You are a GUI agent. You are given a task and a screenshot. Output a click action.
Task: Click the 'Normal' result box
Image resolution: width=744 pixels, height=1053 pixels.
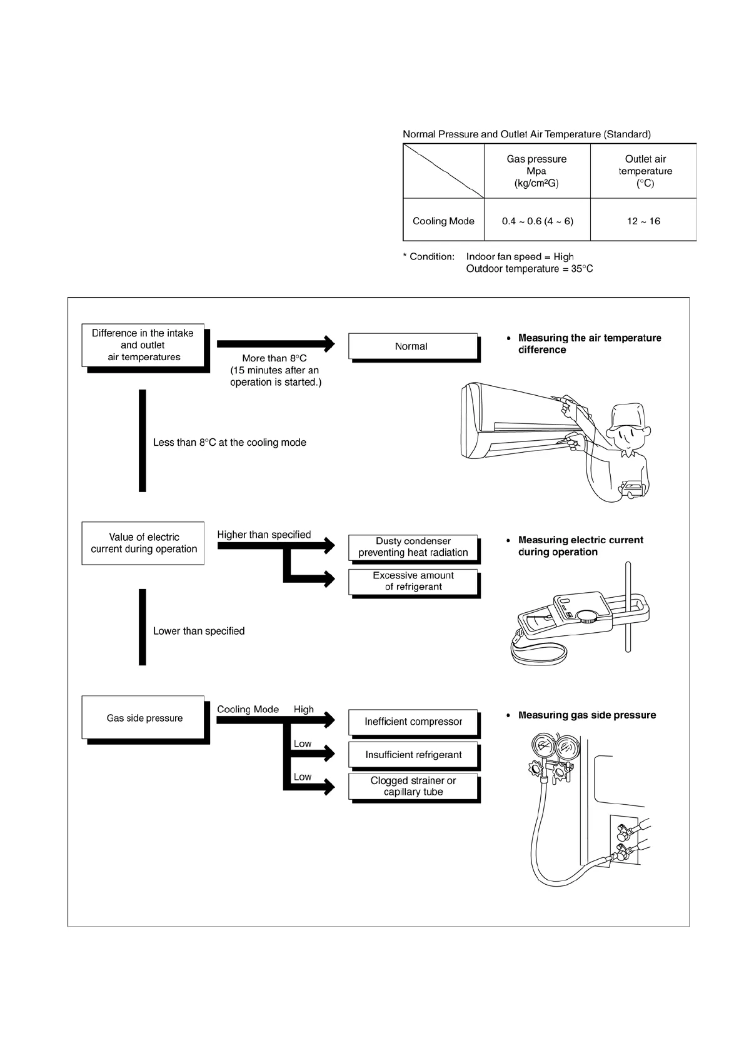pos(412,346)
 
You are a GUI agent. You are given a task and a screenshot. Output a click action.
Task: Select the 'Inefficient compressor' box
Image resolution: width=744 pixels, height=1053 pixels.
pos(413,722)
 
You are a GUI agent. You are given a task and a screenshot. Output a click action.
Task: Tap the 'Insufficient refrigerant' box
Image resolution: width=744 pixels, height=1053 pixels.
pos(413,755)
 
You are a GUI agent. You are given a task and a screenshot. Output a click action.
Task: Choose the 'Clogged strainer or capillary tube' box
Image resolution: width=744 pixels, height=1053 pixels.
pos(413,786)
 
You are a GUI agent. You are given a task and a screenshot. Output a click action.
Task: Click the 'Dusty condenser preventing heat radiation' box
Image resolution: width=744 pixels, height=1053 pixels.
pos(413,547)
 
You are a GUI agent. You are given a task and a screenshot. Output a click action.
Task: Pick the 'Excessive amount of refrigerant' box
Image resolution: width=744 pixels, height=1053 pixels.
pos(413,581)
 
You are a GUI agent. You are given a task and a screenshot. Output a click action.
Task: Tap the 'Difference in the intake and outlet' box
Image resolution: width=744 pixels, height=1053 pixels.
pos(143,345)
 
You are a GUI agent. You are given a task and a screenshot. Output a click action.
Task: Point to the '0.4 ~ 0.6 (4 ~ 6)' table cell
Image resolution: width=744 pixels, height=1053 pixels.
pos(537,221)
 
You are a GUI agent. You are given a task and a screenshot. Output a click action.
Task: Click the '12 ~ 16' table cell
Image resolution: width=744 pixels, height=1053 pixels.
pos(643,221)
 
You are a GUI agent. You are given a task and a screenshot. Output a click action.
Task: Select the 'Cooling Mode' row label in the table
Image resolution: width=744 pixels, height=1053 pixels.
pos(443,221)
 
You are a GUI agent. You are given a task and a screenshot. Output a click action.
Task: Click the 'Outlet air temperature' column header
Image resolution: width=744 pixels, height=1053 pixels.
pos(645,171)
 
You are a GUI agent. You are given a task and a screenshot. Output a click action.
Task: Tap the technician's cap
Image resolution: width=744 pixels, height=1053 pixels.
pos(628,415)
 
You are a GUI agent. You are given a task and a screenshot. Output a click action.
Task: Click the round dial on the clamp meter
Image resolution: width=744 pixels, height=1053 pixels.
pos(588,616)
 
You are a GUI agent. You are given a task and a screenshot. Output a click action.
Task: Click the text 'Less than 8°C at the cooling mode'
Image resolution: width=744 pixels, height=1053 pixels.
pos(229,443)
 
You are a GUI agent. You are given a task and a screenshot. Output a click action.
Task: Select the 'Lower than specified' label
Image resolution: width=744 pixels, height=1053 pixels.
pos(199,632)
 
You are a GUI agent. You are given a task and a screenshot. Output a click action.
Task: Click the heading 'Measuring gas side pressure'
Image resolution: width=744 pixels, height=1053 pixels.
pos(586,715)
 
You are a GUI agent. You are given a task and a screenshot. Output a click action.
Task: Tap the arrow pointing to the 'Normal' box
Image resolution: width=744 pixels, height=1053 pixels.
pos(275,343)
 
